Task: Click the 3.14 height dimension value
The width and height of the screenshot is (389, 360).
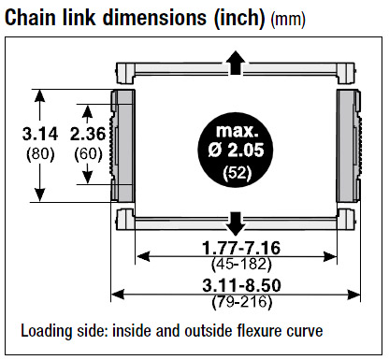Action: pos(40,135)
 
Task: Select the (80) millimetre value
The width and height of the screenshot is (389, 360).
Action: pos(40,154)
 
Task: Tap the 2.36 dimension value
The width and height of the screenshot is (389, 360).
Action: pos(88,135)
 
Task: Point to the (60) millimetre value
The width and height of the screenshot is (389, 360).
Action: pos(88,154)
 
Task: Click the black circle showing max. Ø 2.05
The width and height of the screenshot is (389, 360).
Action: pos(236,150)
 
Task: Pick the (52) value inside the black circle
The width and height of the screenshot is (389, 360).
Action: pos(238,173)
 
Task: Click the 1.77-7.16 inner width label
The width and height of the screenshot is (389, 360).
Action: pos(241,248)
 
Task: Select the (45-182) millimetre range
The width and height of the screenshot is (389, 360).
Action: pos(241,265)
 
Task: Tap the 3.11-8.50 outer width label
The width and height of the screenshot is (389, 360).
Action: pos(241,285)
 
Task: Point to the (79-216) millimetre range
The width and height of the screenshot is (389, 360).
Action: pos(242,302)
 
